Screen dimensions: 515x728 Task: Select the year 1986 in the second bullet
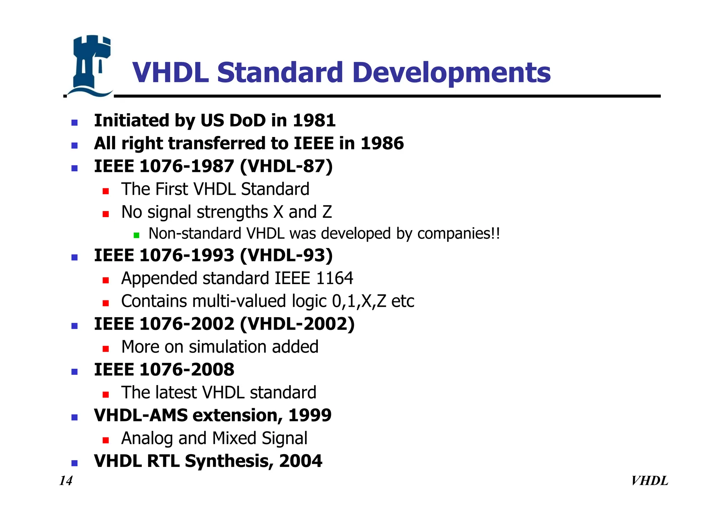382,143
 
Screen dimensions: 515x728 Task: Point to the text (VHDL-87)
286,166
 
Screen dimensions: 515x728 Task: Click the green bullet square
136,235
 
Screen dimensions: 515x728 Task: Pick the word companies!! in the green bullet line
459,234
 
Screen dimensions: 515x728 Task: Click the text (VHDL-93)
286,255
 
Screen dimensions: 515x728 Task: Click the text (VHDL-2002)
297,324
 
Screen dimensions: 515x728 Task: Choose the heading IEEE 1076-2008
164,369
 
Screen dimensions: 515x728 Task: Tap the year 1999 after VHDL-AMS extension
310,415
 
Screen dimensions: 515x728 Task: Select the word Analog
146,438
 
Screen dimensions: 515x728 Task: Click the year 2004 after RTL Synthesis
300,461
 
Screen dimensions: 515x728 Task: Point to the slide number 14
66,481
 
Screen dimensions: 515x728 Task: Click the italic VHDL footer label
649,481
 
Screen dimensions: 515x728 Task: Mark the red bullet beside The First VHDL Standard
106,191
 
